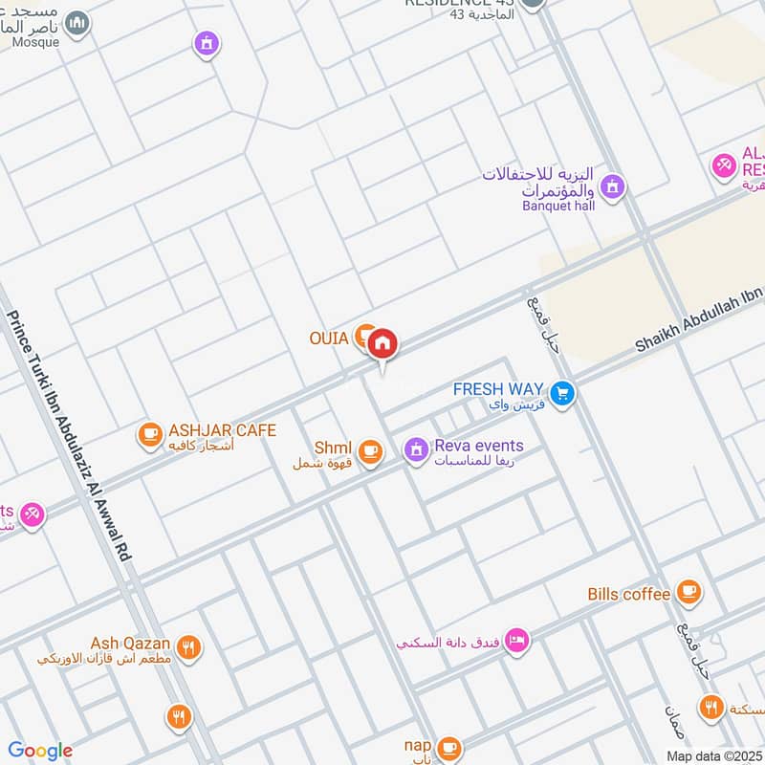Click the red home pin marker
pos(382,342)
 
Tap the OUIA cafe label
pos(329,338)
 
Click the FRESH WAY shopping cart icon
pos(562,392)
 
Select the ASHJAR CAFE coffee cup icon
pos(149,435)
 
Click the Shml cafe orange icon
pos(370,449)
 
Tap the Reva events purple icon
pos(415,448)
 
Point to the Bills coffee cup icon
pos(688,593)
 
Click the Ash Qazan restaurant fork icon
pos(189,647)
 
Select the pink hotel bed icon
pos(516,641)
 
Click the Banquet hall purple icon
pos(613,186)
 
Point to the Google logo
pos(39,751)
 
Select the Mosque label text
pos(36,42)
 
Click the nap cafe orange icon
pos(448,748)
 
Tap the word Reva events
pos(478,446)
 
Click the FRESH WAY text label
pos(498,389)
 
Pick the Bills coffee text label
pos(628,594)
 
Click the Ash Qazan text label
pos(131,643)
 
